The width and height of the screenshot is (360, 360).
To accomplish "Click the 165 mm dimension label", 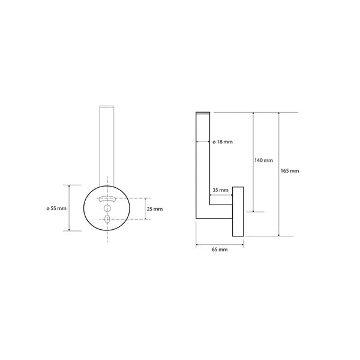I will pos(289,171).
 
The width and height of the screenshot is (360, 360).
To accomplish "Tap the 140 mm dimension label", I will pos(263,160).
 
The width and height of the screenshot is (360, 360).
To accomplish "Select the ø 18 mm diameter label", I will pos(222,142).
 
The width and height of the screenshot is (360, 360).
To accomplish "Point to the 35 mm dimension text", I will pos(220,190).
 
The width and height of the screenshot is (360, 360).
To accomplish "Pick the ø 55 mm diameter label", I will pos(56,208).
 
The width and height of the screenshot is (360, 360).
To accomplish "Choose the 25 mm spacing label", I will pos(154,209).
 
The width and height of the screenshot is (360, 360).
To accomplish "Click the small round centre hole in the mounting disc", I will pos(107,208).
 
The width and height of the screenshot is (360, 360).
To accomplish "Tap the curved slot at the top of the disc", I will pos(107,199).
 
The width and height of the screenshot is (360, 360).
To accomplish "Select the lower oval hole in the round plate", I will pos(107,220).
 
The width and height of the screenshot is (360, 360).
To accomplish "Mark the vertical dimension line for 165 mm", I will pos(279,174).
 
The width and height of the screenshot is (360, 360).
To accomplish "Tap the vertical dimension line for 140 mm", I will pos(254,162).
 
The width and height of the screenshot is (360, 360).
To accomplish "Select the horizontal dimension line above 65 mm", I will pos(220,243).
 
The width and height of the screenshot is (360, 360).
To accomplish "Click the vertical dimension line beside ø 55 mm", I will pos(71,208).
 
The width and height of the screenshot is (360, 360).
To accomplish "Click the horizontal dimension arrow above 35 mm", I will pos(220,195).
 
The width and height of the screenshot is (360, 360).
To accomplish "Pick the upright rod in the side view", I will pos(202,162).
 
